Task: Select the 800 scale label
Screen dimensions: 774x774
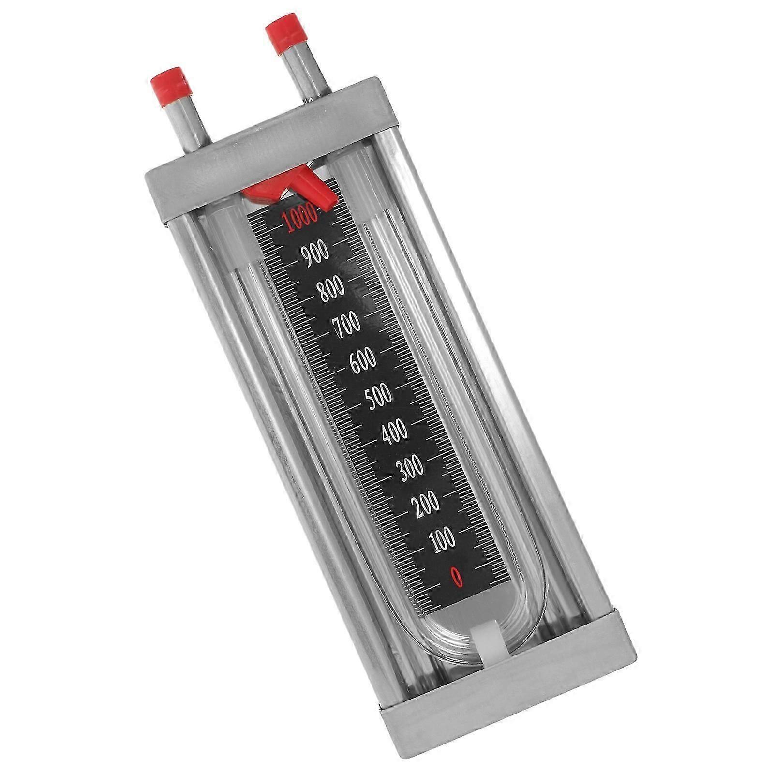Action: click(330, 289)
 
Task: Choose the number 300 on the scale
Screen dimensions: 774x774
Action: click(409, 467)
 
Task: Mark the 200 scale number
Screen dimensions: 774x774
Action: click(425, 503)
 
